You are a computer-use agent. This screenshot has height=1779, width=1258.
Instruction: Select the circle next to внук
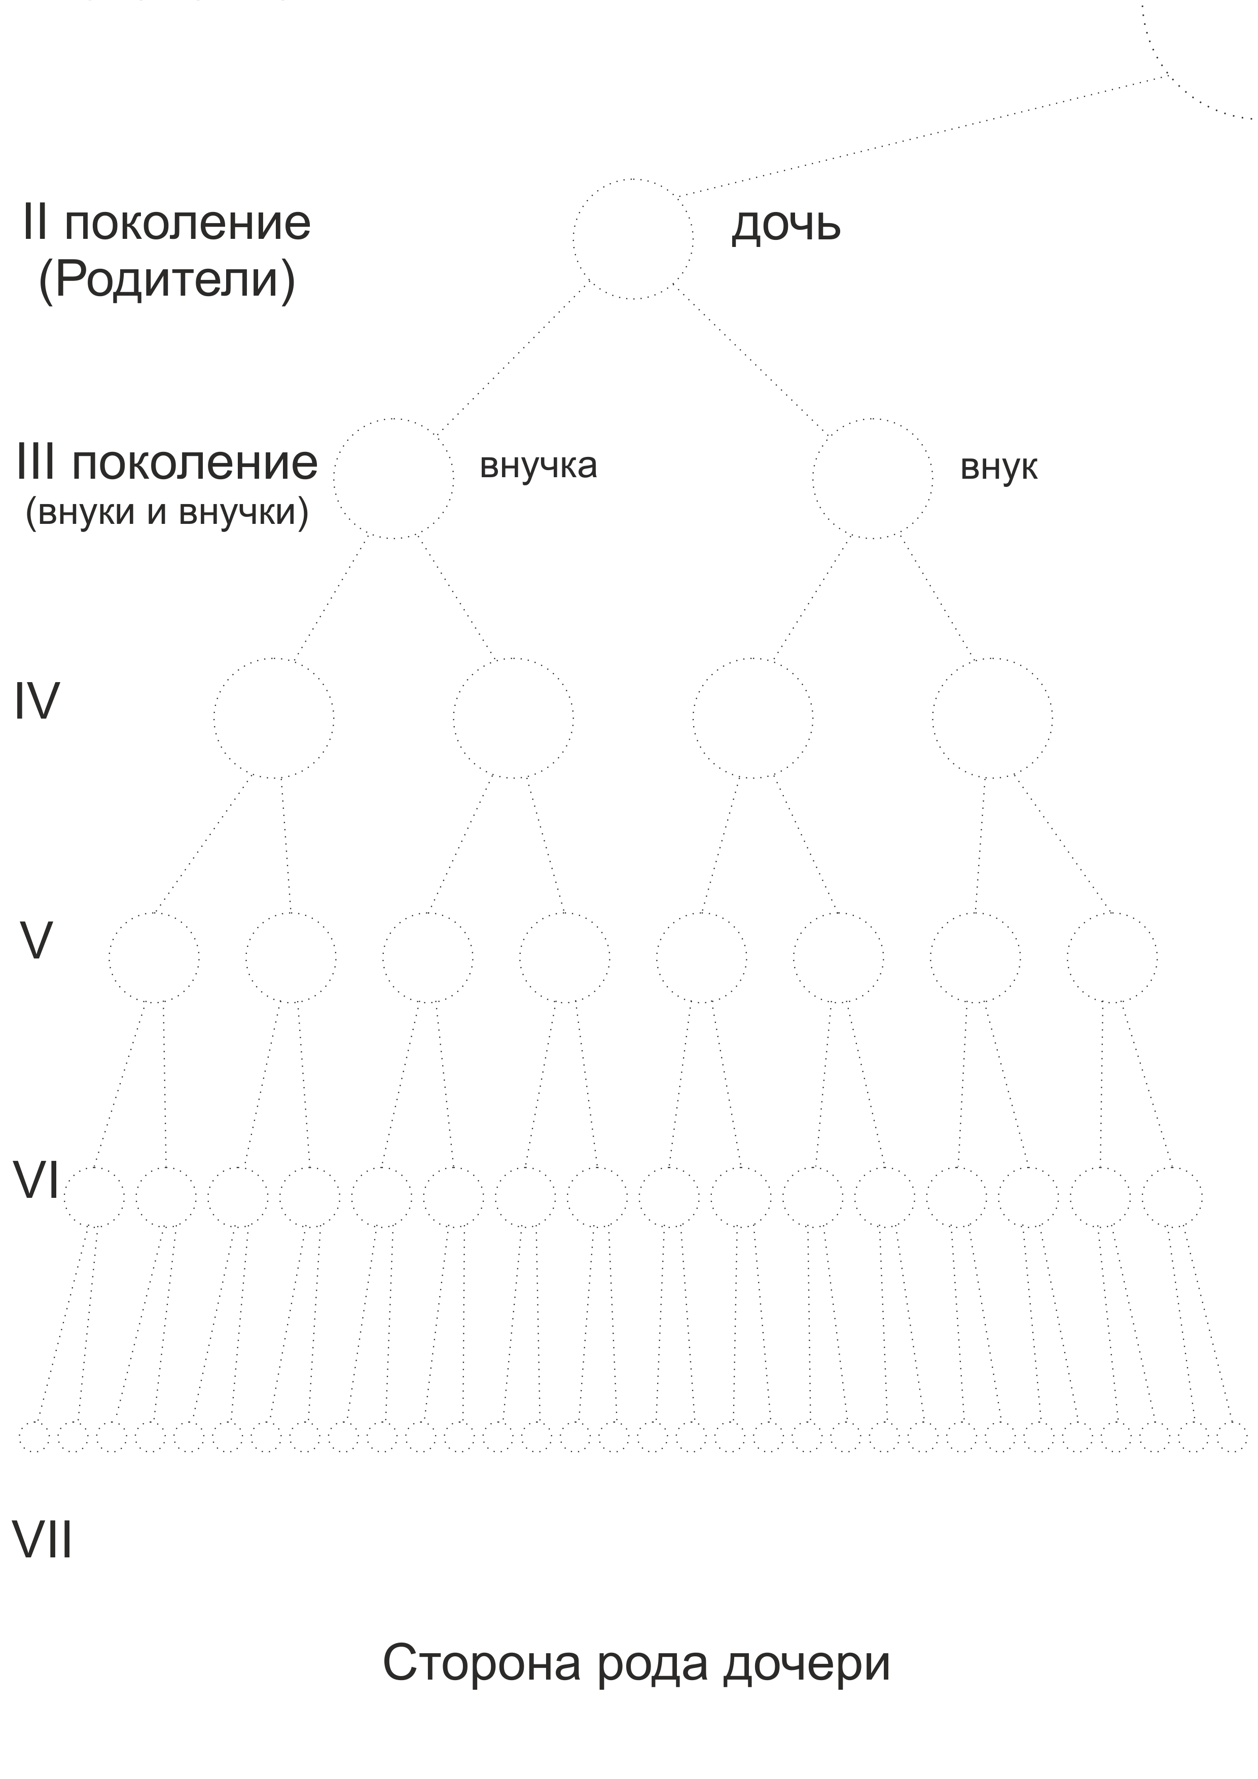(873, 478)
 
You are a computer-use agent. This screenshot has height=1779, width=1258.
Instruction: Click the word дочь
(785, 226)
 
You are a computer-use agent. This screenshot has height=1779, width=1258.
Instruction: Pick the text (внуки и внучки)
(166, 512)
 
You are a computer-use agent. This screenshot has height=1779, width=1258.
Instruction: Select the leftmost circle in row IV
(274, 718)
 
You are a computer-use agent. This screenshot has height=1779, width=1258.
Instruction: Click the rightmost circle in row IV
(992, 718)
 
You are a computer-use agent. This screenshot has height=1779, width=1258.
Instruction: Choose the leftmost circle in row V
(153, 957)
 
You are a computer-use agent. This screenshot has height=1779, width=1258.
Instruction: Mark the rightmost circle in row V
(1112, 957)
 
